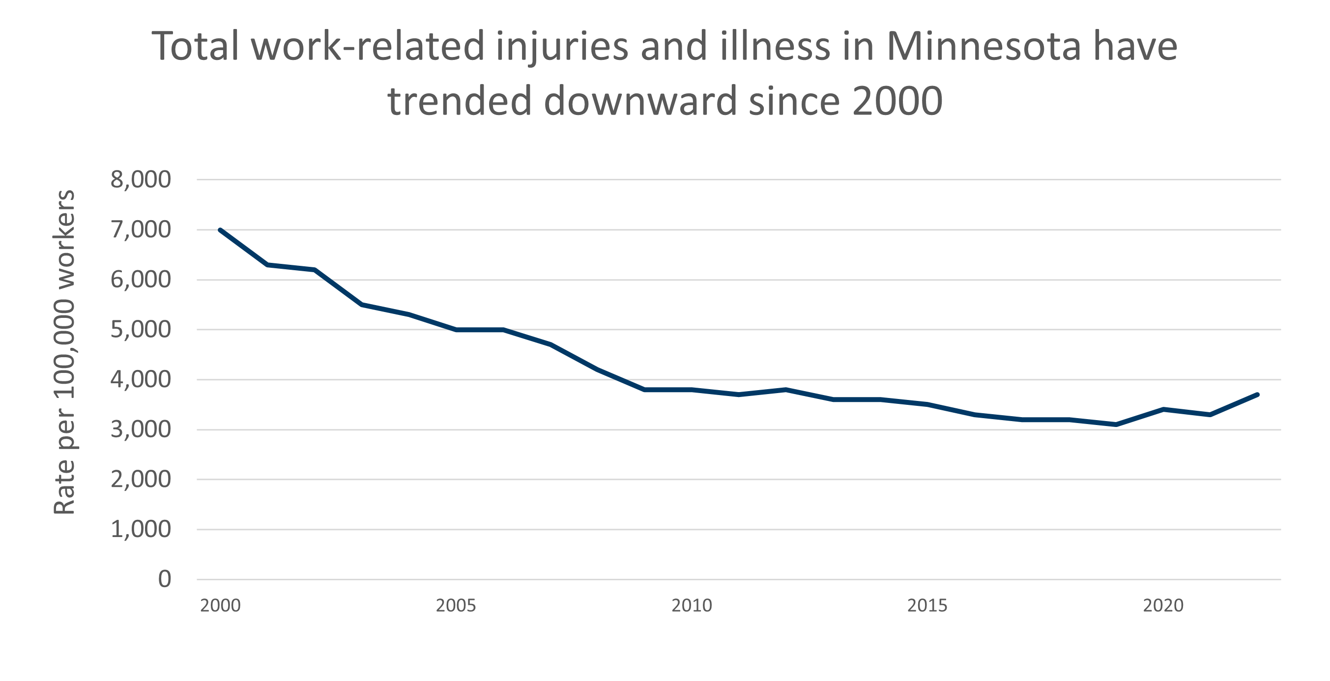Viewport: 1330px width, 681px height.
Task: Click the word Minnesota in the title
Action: [983, 47]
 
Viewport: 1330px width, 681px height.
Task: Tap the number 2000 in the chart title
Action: [897, 101]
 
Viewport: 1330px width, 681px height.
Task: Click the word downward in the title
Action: [640, 101]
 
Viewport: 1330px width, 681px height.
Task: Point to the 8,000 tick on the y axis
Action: [141, 180]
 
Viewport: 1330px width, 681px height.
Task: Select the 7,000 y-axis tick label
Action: [141, 230]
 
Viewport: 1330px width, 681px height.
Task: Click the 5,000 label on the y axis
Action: [141, 329]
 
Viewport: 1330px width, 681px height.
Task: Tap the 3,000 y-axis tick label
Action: [141, 429]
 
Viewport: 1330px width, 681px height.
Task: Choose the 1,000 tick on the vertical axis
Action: [141, 529]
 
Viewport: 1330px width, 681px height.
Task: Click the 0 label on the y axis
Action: [164, 579]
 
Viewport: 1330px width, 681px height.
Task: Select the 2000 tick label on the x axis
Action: [221, 605]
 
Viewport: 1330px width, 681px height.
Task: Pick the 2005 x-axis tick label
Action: [456, 605]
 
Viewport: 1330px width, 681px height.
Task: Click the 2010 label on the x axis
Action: [692, 605]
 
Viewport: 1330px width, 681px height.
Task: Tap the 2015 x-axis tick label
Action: [927, 605]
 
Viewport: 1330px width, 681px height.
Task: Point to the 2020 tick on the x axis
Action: [1163, 605]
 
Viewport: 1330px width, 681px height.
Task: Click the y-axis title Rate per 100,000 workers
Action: [64, 353]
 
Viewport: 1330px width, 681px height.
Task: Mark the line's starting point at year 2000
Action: [221, 230]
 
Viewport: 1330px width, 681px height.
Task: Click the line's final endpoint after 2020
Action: [1257, 395]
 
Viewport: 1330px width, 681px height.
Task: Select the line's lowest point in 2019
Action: [1116, 425]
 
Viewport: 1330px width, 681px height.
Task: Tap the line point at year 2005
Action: [456, 329]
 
